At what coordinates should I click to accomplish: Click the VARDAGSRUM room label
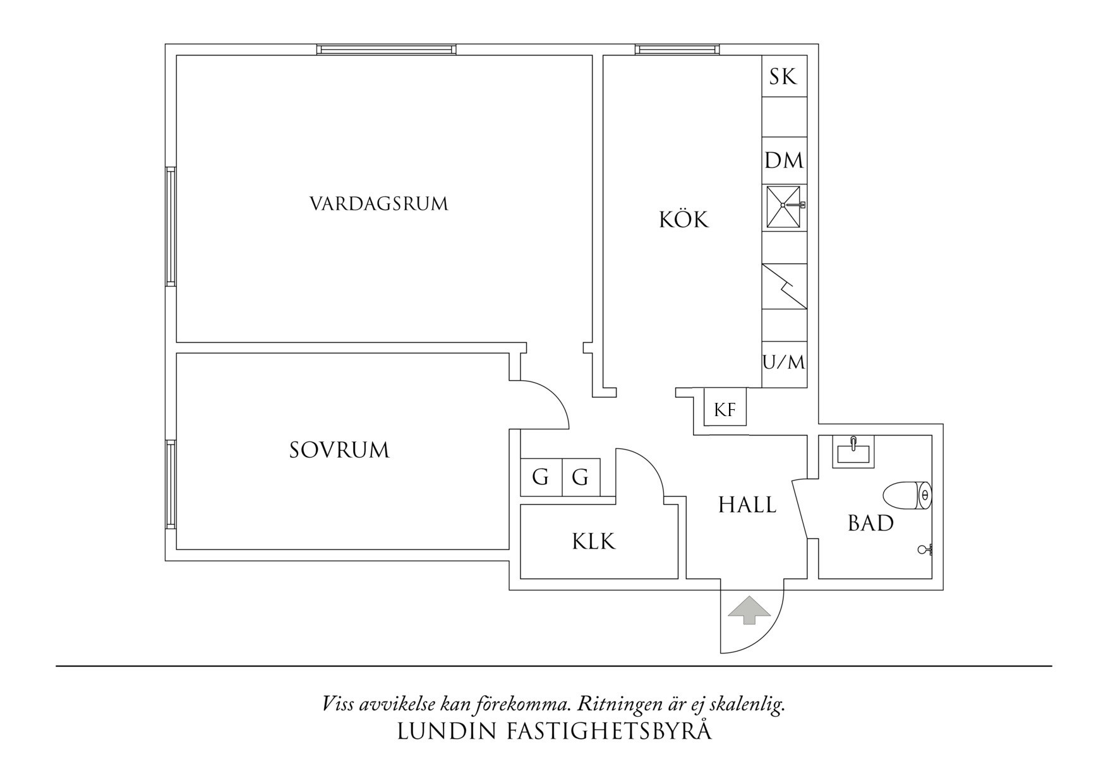pos(378,204)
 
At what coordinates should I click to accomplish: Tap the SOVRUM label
pos(339,450)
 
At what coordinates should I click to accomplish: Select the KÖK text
pos(683,220)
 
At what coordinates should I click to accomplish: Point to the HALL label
pos(747,505)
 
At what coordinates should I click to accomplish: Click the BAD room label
pos(870,523)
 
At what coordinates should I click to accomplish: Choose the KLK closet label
pos(593,541)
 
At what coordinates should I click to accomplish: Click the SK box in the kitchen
pos(783,77)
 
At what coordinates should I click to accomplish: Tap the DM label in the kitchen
pos(784,160)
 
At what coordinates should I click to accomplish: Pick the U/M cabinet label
pos(784,362)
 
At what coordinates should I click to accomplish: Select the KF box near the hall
pos(725,410)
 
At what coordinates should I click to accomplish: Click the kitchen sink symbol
pos(784,206)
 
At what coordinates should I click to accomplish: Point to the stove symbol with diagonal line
pos(784,286)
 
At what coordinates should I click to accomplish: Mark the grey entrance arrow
pos(749,610)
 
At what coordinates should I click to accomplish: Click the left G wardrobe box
pos(540,477)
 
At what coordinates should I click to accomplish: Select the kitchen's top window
pos(677,49)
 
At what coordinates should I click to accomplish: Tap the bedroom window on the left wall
pos(170,484)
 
